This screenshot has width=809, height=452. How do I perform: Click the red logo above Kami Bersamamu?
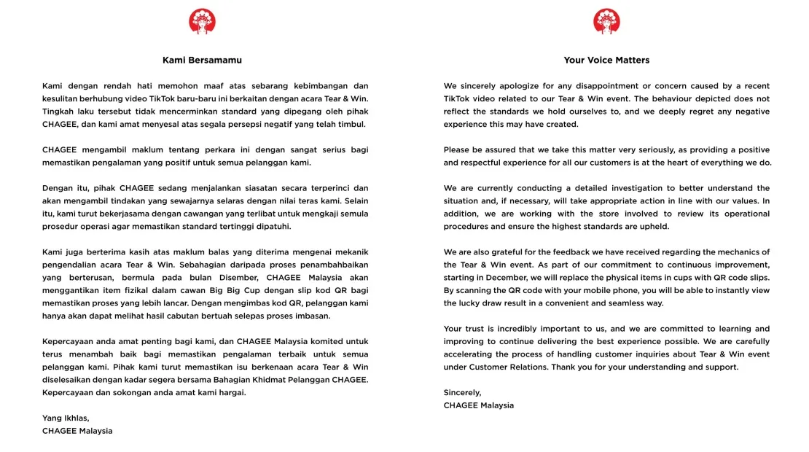202,21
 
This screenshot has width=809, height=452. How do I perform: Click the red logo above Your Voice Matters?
606,21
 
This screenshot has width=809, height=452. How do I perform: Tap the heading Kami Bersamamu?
202,61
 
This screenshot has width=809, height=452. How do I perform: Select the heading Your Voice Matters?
606,61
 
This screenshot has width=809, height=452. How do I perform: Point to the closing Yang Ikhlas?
66,418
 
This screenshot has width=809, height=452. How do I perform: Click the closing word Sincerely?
462,392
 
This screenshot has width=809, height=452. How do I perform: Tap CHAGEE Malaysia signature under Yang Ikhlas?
77,431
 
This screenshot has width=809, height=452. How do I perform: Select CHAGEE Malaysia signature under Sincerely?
479,405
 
